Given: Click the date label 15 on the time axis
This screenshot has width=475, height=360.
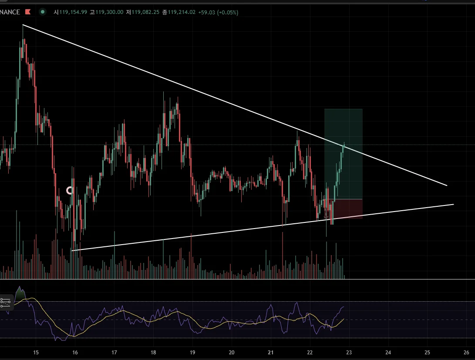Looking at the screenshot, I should point(36,353).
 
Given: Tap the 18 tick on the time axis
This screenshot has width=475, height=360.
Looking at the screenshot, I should point(153,353).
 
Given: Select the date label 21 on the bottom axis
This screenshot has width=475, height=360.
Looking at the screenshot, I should point(270,353).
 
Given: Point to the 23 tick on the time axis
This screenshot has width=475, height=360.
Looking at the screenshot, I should point(349,353).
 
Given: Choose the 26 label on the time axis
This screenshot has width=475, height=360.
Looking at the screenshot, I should point(466,353).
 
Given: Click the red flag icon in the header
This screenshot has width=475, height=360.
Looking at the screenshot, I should point(28,12).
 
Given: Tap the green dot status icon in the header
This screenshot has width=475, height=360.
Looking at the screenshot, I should point(42,12).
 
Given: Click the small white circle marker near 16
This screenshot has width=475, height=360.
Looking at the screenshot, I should point(70,190).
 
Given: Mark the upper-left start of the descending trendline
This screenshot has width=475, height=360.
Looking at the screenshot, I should point(23,25).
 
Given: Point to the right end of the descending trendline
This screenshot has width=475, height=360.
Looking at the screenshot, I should point(447,185).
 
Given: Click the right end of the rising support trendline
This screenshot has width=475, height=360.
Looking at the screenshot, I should point(453,204).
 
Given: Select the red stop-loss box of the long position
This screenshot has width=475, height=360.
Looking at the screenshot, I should point(348,209).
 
